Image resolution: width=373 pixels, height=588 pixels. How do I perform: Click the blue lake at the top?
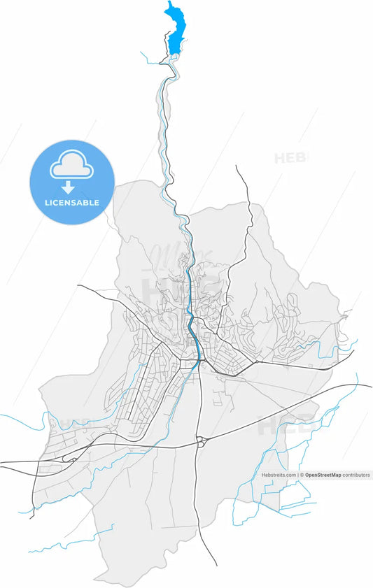(176, 31)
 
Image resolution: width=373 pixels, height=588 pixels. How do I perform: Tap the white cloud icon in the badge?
(71, 166)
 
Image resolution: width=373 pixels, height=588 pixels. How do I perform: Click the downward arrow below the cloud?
(69, 187)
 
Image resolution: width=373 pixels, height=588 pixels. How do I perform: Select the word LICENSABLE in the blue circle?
(71, 203)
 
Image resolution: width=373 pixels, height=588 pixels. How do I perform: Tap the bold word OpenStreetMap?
(323, 475)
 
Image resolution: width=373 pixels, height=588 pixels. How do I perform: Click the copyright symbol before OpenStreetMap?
(302, 475)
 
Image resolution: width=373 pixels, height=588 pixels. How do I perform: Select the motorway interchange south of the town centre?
(202, 440)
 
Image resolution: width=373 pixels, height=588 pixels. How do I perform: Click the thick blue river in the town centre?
(192, 329)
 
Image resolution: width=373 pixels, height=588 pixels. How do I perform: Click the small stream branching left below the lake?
(150, 57)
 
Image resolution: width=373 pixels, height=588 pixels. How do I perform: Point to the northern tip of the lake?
(169, 3)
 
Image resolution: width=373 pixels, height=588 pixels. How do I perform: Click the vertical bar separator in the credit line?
(297, 475)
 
